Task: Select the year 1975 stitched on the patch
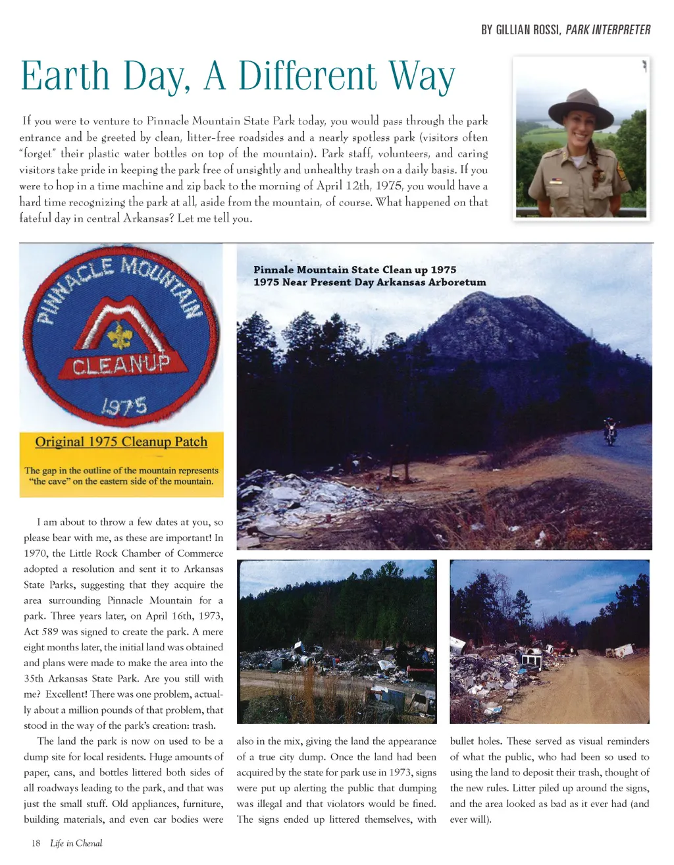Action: pos(124,406)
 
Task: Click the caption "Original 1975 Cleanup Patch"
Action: pos(121,442)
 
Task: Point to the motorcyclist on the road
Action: pos(611,432)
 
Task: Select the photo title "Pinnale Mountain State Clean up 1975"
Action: pos(354,269)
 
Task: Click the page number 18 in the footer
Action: pos(36,843)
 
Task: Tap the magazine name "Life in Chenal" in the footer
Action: pos(76,843)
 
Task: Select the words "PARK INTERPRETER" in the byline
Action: pos(608,30)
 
